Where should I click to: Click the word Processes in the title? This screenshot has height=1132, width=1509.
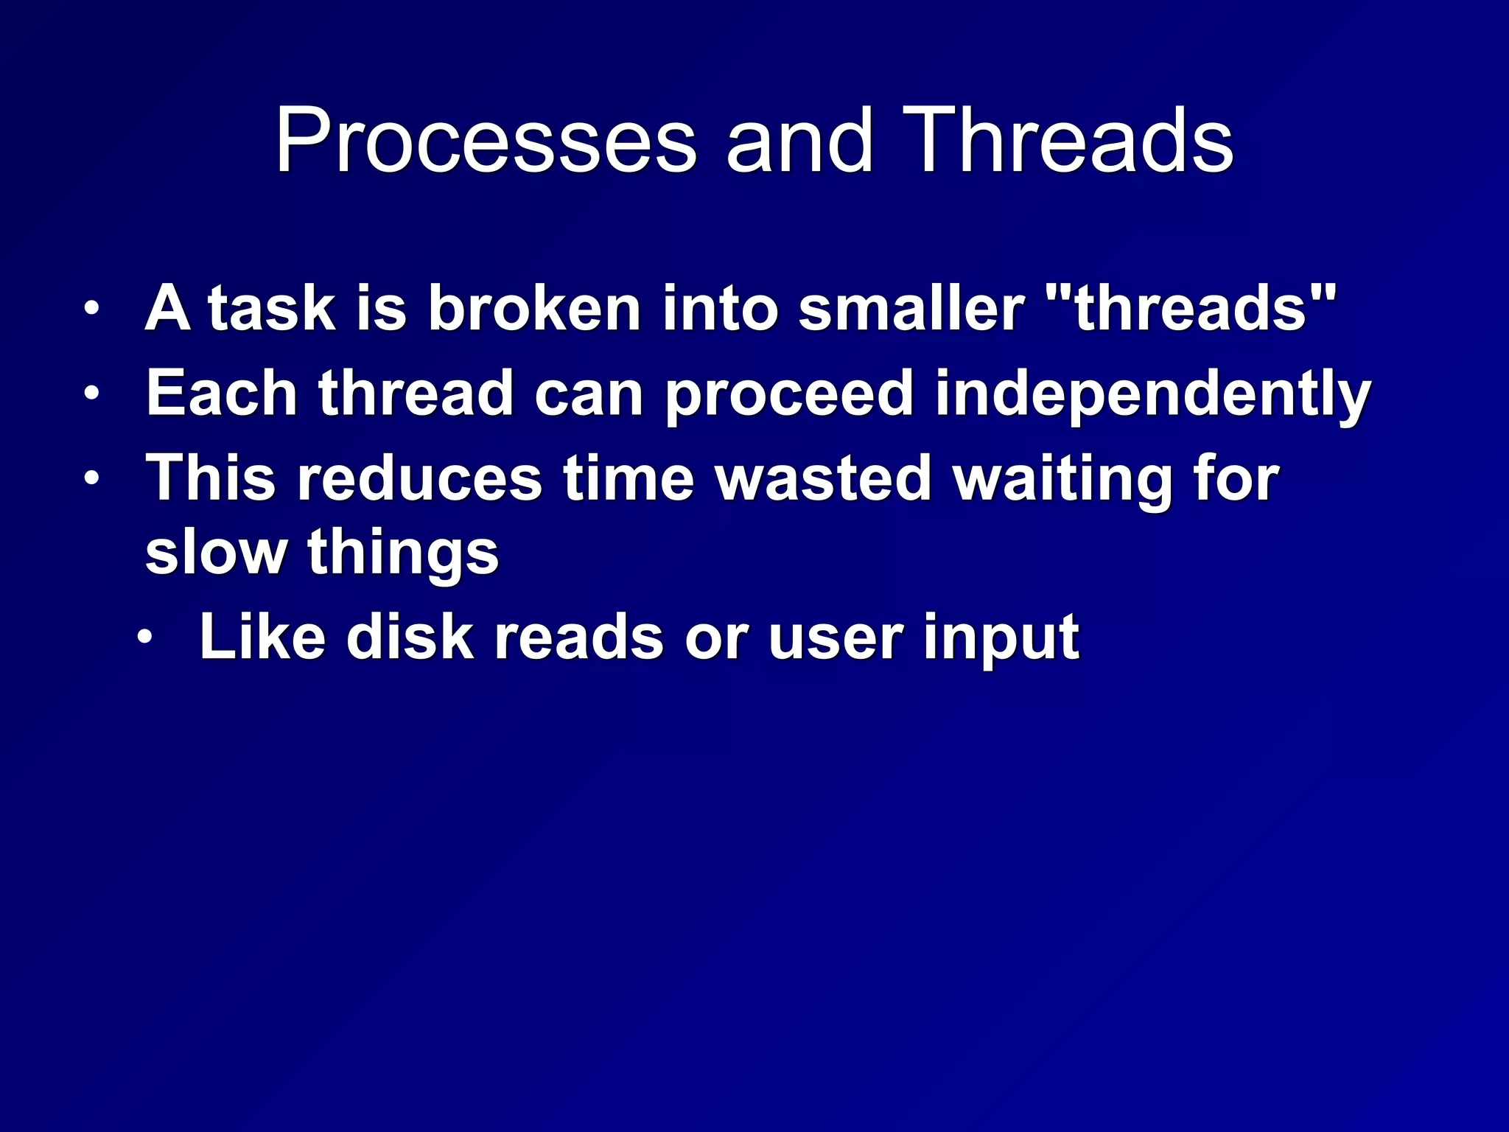pos(486,141)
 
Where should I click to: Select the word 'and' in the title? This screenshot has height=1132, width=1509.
pos(799,141)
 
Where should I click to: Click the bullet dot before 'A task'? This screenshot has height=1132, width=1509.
pos(91,309)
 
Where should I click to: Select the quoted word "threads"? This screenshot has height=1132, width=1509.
pos(1191,309)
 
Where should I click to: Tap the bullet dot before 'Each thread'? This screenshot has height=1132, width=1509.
pos(91,394)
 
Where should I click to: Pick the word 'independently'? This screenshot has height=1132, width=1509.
pos(1152,396)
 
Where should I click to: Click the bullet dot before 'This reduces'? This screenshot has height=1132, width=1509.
pos(91,479)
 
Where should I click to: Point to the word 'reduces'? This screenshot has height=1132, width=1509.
pos(419,479)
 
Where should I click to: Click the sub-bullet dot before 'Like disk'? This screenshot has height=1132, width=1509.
pos(146,637)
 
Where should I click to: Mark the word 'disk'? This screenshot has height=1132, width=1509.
pos(410,637)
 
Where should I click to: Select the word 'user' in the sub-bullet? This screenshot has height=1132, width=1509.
pos(835,639)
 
